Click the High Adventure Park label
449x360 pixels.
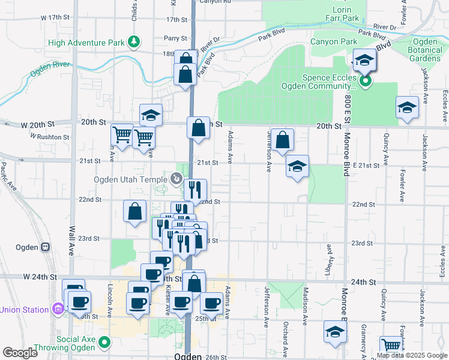click(x=86, y=42)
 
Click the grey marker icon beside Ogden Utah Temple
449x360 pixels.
click(x=176, y=178)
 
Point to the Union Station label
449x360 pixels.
click(x=24, y=310)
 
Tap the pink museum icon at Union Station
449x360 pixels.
click(x=58, y=310)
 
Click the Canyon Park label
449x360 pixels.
click(x=333, y=41)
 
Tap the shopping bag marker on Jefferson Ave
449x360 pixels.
click(x=282, y=140)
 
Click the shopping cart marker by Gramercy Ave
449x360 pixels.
click(x=391, y=346)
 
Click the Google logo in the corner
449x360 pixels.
click(x=20, y=353)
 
